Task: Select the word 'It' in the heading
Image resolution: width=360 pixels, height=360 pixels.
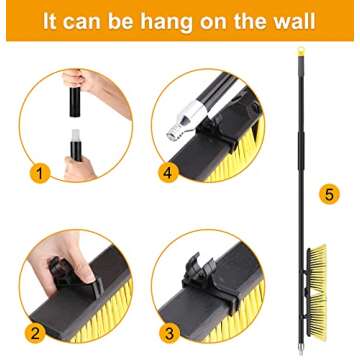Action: [x=51, y=21]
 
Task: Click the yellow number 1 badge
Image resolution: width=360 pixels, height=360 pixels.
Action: [x=41, y=173]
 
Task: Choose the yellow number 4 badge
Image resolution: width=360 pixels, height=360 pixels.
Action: [x=168, y=172]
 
